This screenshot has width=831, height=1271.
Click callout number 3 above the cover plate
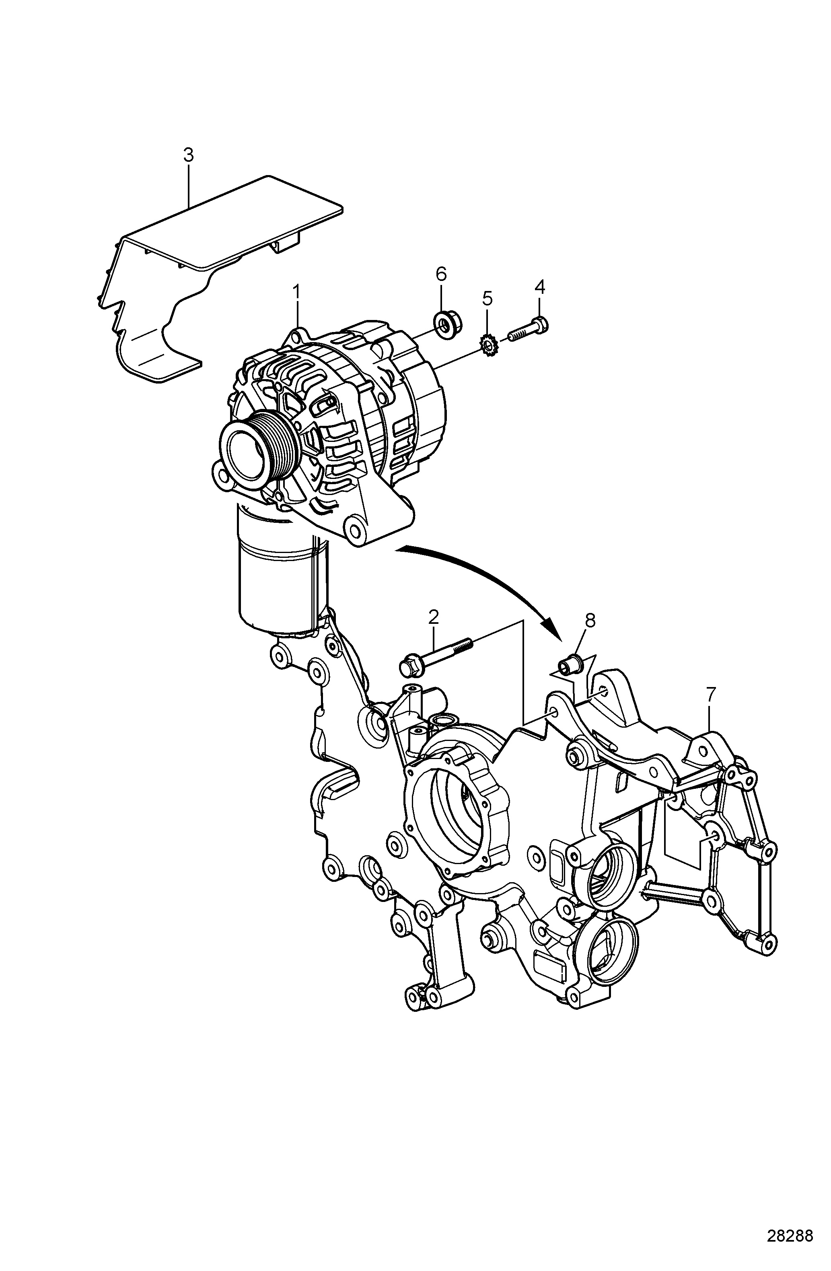point(188,155)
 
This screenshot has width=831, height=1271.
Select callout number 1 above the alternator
point(297,293)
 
